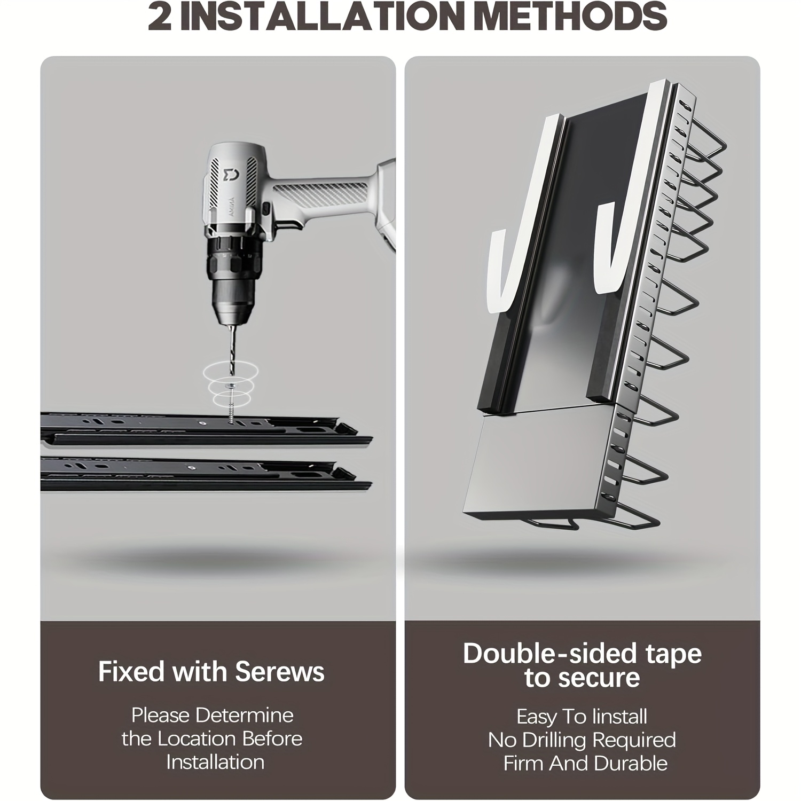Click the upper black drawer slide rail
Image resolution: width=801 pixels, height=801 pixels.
click(206, 427)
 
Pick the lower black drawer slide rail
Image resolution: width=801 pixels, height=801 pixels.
click(206, 473)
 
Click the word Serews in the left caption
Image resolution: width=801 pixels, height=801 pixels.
click(279, 672)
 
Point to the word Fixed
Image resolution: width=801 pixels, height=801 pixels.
click(131, 672)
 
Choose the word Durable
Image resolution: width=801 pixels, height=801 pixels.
click(636, 763)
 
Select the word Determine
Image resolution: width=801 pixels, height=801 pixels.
click(249, 715)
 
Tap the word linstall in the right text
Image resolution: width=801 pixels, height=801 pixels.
click(614, 716)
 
